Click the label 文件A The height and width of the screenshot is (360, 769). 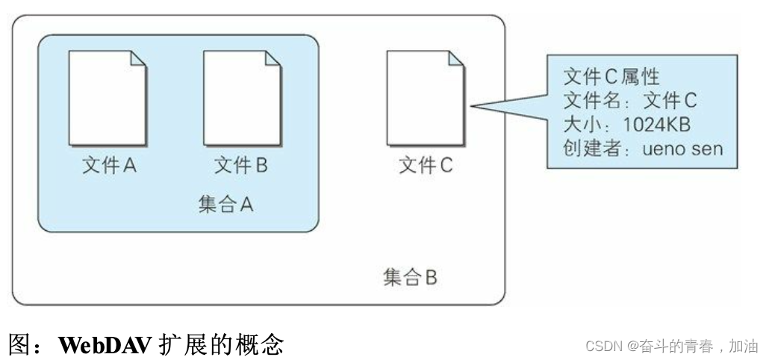coord(109,165)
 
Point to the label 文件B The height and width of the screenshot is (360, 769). coord(241,165)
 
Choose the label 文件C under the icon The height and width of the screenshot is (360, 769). coord(426,165)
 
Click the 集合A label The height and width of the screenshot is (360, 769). coord(226,205)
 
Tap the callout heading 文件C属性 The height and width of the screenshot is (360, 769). coord(611,77)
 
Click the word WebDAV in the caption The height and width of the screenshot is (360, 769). coord(105,344)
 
